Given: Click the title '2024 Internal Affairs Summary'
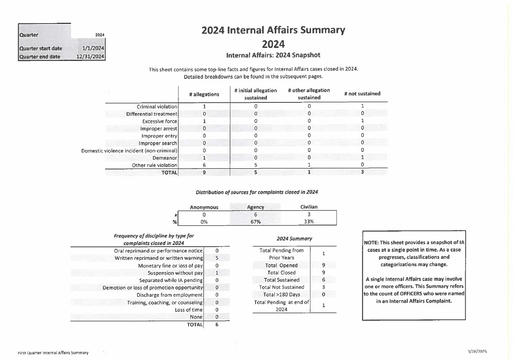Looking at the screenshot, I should click(273, 30).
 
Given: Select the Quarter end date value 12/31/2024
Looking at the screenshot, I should click(90, 56).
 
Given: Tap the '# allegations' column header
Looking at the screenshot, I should click(204, 94).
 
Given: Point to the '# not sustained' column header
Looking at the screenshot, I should click(362, 93).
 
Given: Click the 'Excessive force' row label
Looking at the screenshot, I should click(159, 121).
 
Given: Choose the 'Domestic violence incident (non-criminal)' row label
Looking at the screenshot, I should click(129, 150).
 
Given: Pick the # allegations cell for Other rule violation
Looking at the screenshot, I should click(204, 165).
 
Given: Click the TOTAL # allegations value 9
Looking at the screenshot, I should click(204, 172).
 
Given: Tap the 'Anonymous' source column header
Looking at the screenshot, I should click(204, 207).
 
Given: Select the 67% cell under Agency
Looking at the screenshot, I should click(256, 222).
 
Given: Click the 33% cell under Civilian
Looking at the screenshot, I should click(309, 222).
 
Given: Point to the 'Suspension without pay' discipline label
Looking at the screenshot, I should click(175, 273).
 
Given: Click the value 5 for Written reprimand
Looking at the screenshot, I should click(217, 258).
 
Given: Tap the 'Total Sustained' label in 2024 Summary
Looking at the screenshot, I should click(282, 280).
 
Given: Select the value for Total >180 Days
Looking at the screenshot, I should click(323, 295).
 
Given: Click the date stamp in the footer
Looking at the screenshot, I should click(477, 351).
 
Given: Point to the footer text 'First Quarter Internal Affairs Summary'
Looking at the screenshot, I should click(53, 353).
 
